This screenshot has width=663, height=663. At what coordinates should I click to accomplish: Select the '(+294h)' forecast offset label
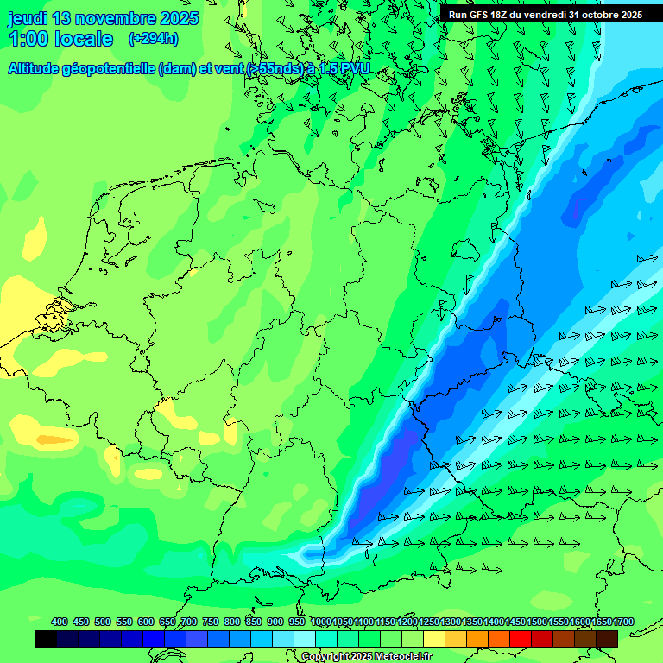pos(154,39)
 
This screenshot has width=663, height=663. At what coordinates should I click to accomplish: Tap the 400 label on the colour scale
pos(60,622)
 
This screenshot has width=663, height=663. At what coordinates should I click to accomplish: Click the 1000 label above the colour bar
pos(321,622)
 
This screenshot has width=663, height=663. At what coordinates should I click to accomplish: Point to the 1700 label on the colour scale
pos(623,622)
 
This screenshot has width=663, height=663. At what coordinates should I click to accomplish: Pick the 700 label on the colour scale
pos(189,622)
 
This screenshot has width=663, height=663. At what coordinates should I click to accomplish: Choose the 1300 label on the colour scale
pos(451,622)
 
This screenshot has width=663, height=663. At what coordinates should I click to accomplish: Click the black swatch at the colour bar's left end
pos(46,639)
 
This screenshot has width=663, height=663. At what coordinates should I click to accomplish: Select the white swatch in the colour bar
pos(305,639)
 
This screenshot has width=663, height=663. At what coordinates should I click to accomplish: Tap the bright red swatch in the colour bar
pos(521,639)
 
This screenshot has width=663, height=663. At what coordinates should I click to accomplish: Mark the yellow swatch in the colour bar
pos(434,639)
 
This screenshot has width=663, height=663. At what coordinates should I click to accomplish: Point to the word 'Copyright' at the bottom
pos(326,657)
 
